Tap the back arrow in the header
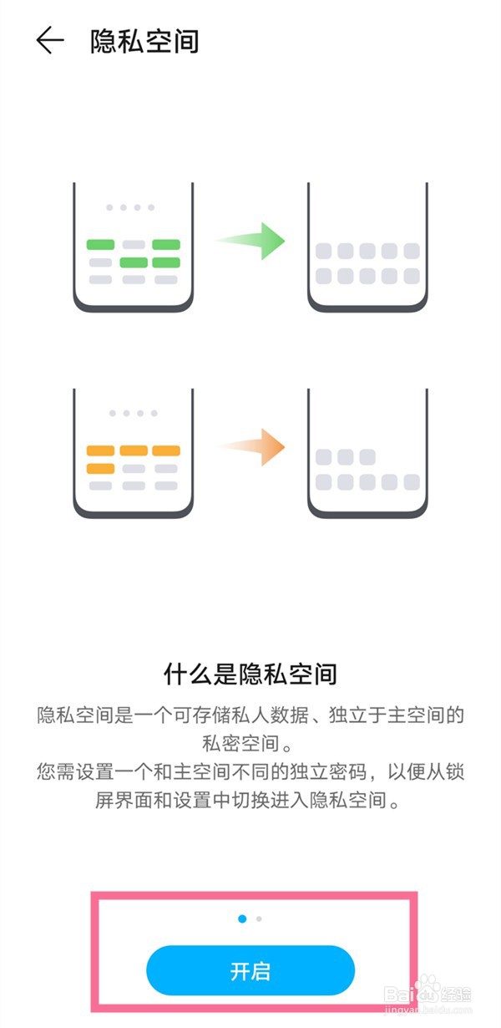[50, 40]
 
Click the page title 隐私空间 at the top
[144, 40]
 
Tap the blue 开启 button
[250, 970]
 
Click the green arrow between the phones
[251, 241]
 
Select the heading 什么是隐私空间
[250, 672]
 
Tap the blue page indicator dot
[242, 919]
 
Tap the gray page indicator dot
[260, 919]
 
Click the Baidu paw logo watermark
[428, 990]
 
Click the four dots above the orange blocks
[134, 413]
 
